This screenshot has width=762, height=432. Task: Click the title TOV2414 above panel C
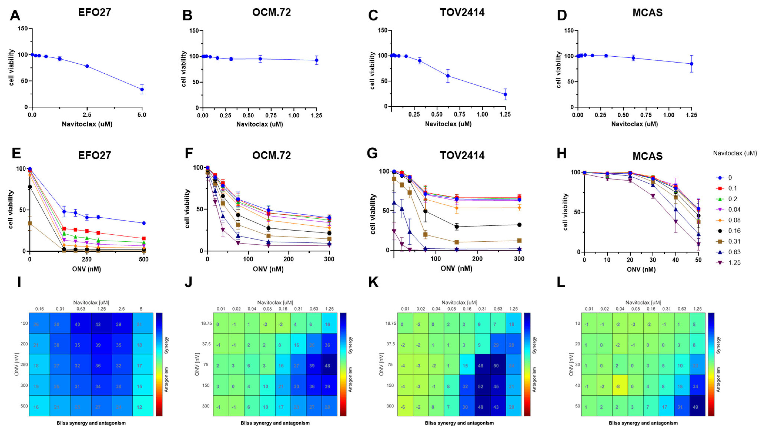click(x=462, y=12)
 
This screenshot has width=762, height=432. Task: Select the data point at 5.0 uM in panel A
click(x=142, y=89)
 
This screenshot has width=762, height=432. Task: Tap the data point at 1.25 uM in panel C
click(x=505, y=94)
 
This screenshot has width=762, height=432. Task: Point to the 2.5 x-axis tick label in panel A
click(x=87, y=115)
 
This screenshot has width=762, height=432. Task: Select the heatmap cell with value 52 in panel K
click(x=480, y=386)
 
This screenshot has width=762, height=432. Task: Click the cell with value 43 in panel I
click(x=98, y=324)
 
